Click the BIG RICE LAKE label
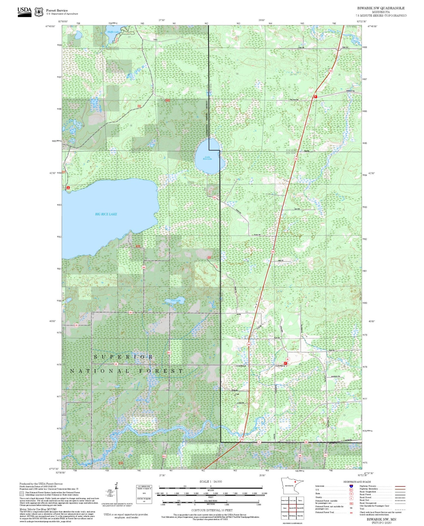click(x=106, y=214)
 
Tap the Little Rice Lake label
click(x=207, y=158)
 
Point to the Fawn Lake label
click(x=176, y=300)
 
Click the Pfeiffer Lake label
click(x=113, y=32)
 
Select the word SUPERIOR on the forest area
click(x=124, y=357)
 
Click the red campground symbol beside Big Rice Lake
click(x=68, y=188)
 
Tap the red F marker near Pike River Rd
click(x=315, y=96)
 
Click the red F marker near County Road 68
click(x=285, y=363)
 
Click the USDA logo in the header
click(x=25, y=12)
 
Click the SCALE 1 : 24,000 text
click(x=211, y=481)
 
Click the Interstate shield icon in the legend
click(x=351, y=486)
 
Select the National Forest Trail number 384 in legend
click(x=351, y=512)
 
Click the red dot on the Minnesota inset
click(x=295, y=482)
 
